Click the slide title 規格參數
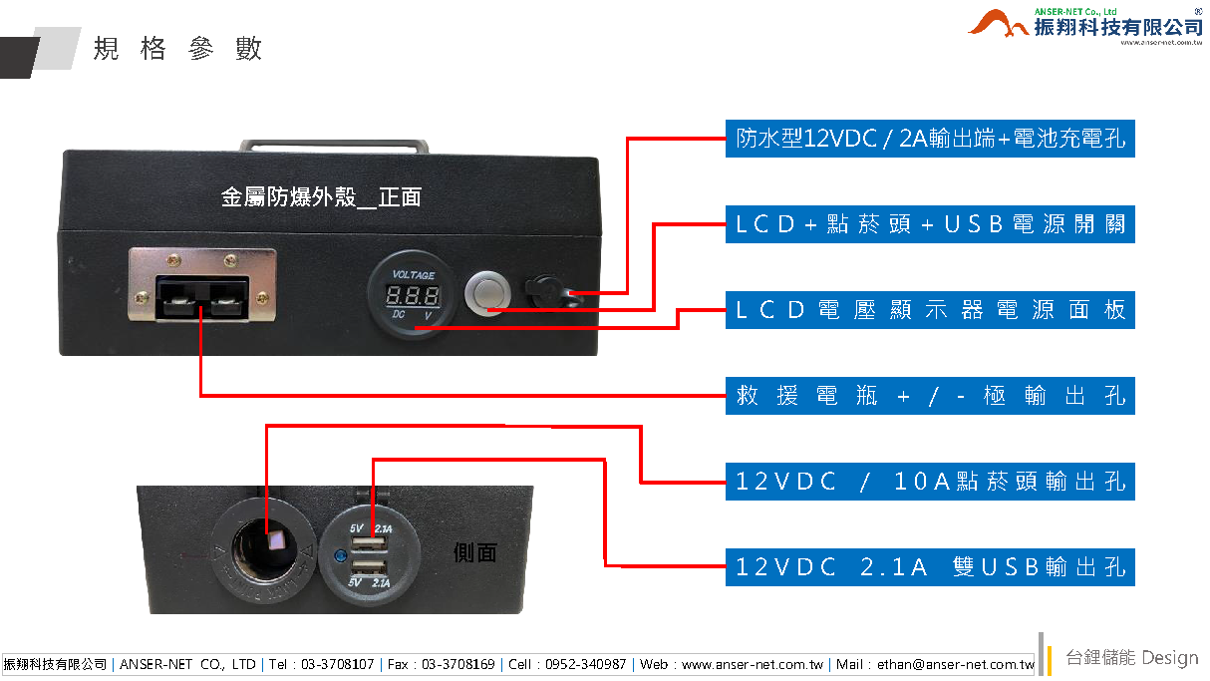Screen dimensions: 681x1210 [178, 49]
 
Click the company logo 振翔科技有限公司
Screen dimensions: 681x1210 [1087, 24]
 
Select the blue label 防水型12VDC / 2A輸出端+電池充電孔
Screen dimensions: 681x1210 [930, 140]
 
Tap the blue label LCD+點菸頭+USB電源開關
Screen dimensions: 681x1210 [930, 224]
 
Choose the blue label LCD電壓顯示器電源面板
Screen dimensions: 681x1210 [930, 310]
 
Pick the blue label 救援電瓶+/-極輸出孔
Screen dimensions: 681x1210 [930, 396]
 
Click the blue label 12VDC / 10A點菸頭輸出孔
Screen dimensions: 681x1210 [930, 482]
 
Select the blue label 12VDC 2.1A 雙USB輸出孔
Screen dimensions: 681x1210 [930, 567]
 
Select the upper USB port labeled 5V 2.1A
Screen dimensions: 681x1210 [371, 544]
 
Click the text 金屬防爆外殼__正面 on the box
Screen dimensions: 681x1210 [321, 197]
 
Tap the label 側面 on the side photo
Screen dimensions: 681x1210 [474, 552]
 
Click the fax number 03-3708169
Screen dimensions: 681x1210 [456, 664]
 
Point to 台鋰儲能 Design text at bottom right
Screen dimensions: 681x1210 [1131, 658]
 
